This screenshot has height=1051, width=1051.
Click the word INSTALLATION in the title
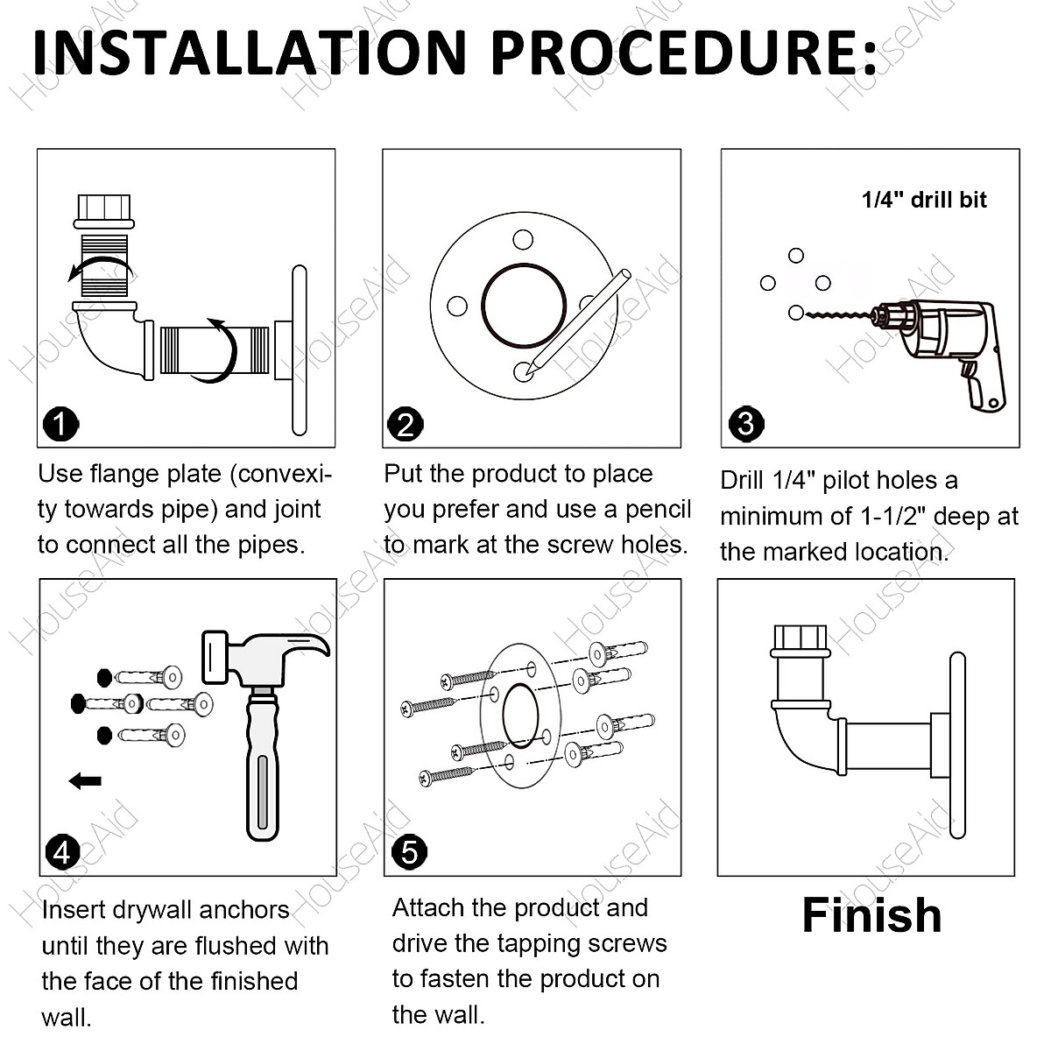tap(250, 53)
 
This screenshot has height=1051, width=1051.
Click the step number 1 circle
tap(60, 424)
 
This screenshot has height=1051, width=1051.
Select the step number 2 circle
tap(405, 424)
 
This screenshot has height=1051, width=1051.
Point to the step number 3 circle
tap(746, 424)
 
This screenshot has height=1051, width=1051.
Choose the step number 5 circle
tap(409, 851)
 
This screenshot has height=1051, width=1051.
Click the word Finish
tap(871, 915)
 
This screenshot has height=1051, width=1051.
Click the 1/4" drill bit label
tap(924, 201)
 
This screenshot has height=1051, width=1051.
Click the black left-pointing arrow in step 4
tap(85, 780)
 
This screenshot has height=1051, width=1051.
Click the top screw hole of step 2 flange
tap(523, 240)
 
